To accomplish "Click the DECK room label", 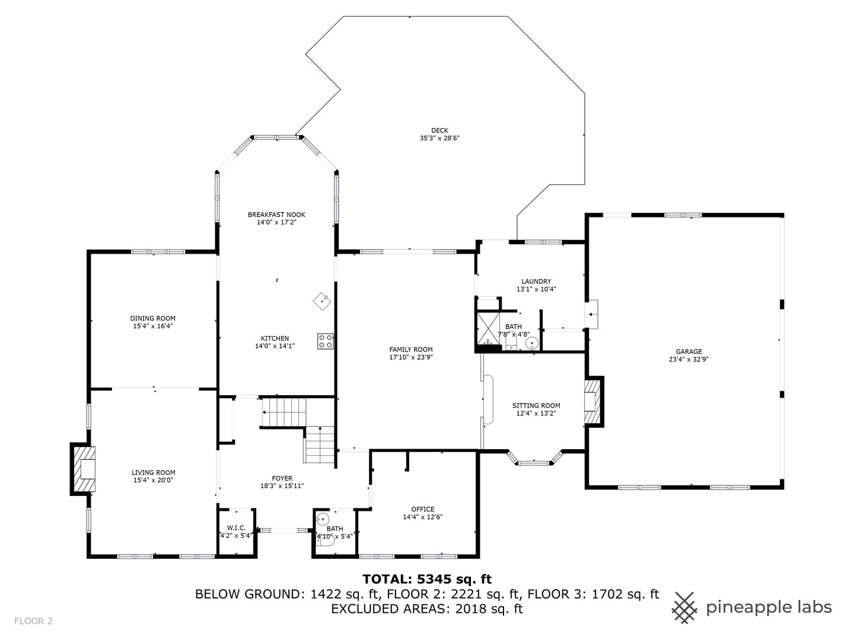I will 439,130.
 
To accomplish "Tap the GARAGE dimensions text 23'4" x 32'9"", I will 689,359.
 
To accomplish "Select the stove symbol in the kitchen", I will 325,341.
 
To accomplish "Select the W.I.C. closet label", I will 236,527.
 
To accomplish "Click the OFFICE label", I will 423,509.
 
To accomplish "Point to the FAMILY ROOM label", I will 411,350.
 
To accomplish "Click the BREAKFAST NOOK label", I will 276,215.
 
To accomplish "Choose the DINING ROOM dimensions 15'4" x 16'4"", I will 153,326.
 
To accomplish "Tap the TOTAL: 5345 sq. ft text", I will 427,579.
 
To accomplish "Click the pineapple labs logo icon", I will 684,607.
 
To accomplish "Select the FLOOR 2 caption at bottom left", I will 34,621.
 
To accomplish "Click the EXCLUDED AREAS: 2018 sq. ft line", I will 427,609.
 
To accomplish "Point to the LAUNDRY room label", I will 536,281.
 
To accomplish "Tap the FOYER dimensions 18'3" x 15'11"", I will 282,486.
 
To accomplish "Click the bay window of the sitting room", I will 534,459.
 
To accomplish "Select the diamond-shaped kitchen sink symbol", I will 321,300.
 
